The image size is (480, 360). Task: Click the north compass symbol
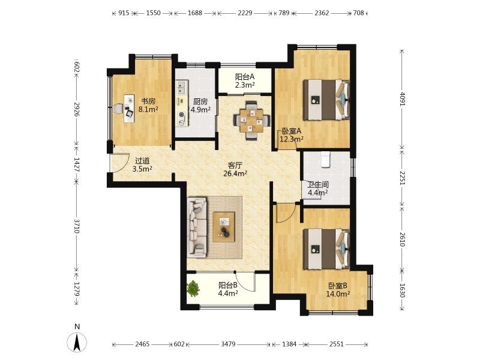[x=77, y=342]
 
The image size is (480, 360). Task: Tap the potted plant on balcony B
[x=193, y=289]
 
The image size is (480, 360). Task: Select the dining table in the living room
[x=251, y=121]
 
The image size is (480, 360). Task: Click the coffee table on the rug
[x=224, y=227]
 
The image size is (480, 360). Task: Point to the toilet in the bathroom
[x=325, y=159]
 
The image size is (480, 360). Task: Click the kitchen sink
[x=182, y=87]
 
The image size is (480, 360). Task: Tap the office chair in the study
[x=118, y=109]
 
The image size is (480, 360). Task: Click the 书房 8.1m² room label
[x=148, y=105]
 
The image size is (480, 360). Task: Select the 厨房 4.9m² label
[x=200, y=106]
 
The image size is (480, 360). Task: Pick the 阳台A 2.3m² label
[x=245, y=81]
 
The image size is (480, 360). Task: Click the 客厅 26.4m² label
[x=235, y=170]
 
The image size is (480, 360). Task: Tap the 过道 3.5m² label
[x=142, y=164]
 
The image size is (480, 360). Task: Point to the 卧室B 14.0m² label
[x=338, y=290]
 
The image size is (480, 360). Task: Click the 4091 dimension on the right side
[x=402, y=98]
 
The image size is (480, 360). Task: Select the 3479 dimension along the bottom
[x=228, y=344]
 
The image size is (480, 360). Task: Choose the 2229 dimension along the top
[x=245, y=13]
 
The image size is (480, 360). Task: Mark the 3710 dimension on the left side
[x=77, y=226]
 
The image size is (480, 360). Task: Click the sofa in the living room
[x=197, y=227]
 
